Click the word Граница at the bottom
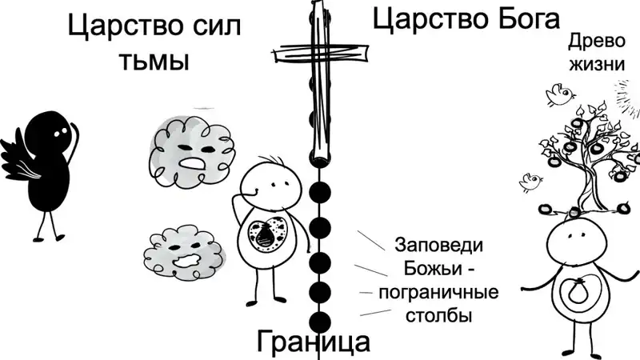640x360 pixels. click(314, 342)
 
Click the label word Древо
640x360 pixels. click(597, 42)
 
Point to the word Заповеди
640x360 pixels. click(439, 245)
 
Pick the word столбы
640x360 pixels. click(438, 315)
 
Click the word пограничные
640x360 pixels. click(438, 292)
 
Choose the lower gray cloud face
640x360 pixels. click(185, 252)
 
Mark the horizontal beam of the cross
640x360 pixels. click(322, 54)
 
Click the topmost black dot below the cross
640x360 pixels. click(320, 193)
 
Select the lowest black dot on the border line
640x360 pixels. click(320, 322)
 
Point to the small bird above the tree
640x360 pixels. click(561, 94)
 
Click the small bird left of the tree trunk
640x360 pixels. click(531, 182)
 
